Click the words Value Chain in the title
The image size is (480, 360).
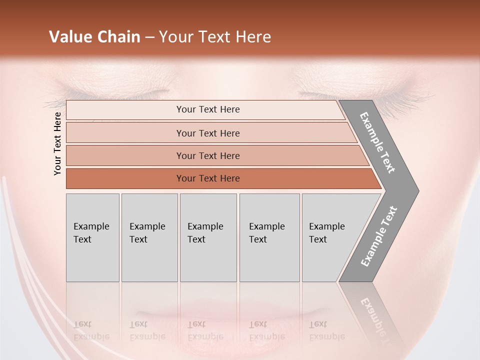pyautogui.click(x=94, y=37)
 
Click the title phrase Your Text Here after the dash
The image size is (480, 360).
pyautogui.click(x=215, y=37)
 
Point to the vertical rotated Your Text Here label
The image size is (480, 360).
pyautogui.click(x=57, y=143)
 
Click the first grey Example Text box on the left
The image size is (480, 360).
pyautogui.click(x=92, y=237)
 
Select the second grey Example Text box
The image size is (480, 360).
pyautogui.click(x=149, y=237)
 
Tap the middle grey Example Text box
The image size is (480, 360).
pyautogui.click(x=208, y=237)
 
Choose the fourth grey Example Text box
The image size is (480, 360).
pyautogui.click(x=269, y=237)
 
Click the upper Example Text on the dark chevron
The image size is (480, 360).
pyautogui.click(x=377, y=142)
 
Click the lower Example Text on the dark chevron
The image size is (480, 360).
pyautogui.click(x=379, y=236)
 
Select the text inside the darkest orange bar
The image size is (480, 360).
pyautogui.click(x=208, y=178)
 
